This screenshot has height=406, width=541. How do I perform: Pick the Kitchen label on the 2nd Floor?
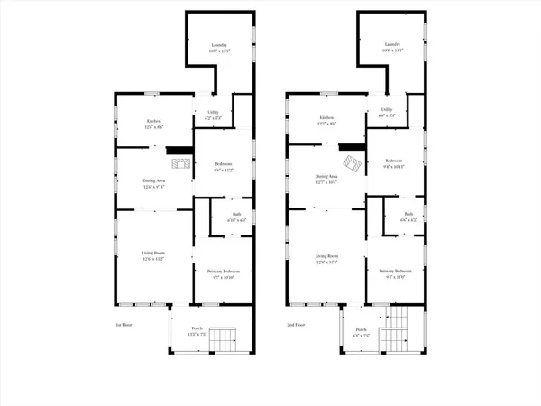tap(326, 119)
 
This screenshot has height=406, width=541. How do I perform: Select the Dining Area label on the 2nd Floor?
tap(326, 178)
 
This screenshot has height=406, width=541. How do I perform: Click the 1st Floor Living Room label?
tap(153, 256)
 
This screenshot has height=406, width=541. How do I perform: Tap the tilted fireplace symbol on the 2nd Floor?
tap(356, 163)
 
